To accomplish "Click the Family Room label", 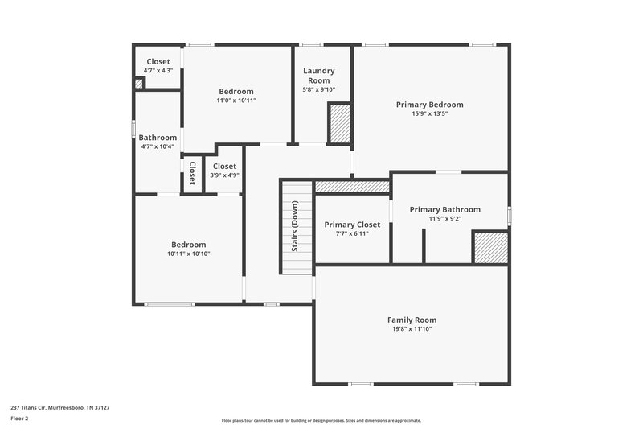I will (x=412, y=320).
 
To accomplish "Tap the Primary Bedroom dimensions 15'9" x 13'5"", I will (x=429, y=114).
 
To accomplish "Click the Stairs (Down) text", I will (x=295, y=228).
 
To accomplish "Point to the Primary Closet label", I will (x=352, y=225).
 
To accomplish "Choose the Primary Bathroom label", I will (x=444, y=209).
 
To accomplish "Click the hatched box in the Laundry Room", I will (x=339, y=123).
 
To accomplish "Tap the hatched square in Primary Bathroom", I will (x=489, y=248).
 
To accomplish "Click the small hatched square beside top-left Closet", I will (x=138, y=83).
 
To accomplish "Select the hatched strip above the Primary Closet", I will (x=352, y=187).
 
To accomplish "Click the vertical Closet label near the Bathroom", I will (x=192, y=172).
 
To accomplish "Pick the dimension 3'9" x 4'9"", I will (x=225, y=175).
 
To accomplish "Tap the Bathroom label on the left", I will (x=158, y=138).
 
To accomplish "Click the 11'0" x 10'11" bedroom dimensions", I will (x=236, y=101).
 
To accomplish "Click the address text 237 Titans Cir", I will (x=60, y=408).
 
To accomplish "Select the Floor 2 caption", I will (x=20, y=419).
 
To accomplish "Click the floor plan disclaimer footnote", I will (x=321, y=420).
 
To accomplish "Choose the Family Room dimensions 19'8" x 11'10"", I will (x=412, y=329).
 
